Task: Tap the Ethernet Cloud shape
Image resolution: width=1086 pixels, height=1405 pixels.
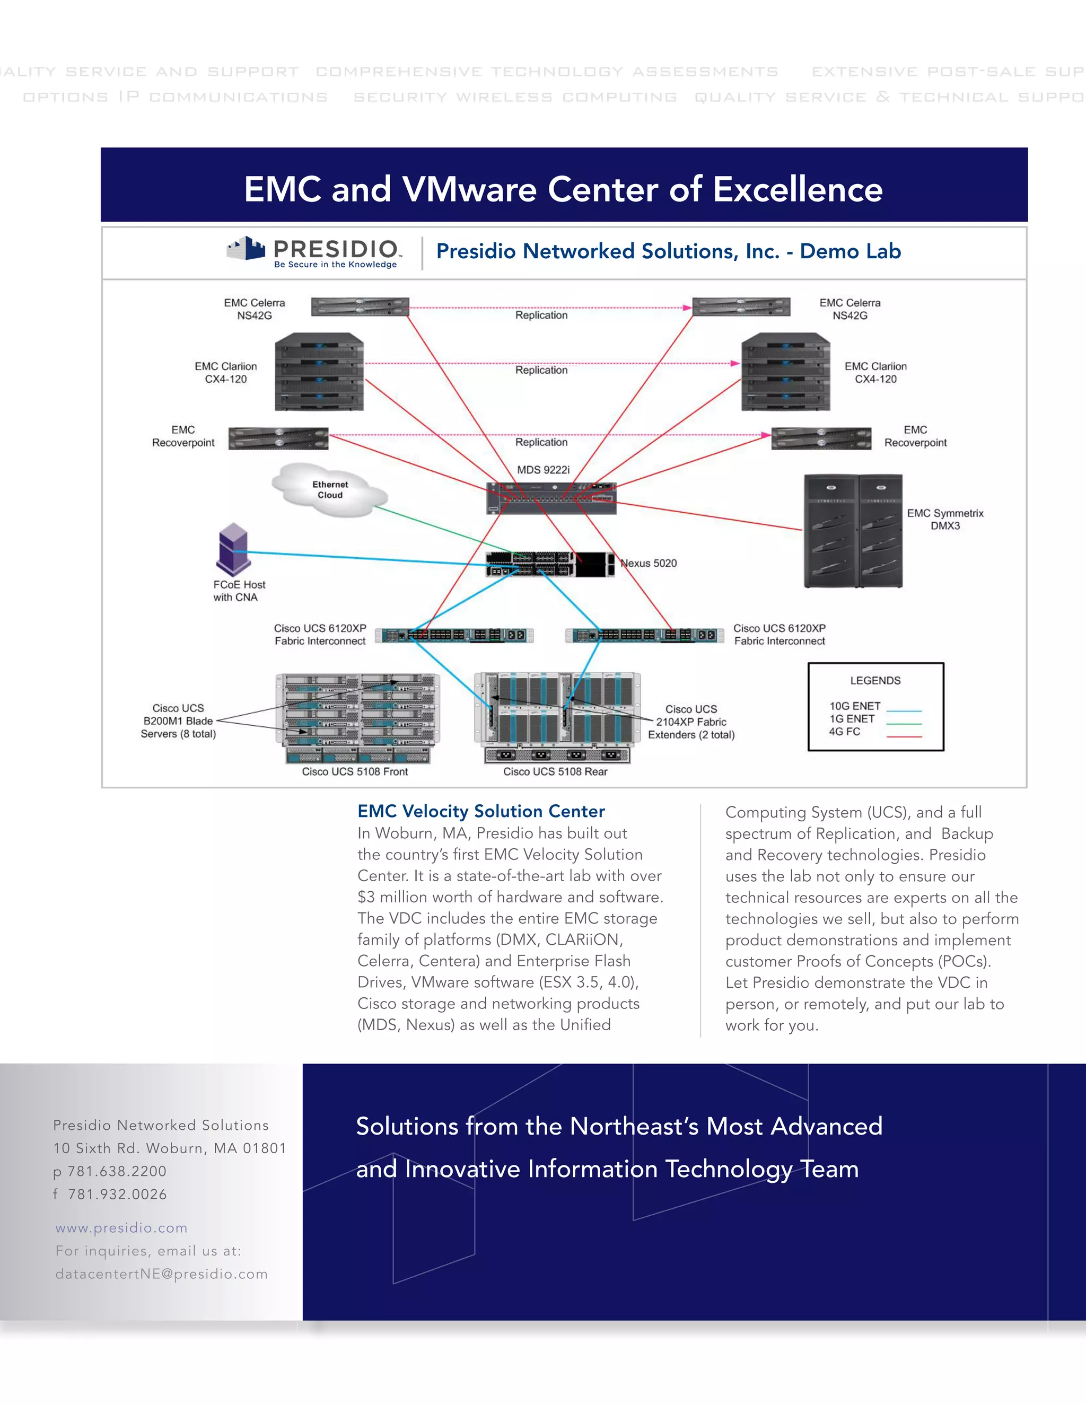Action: tap(329, 490)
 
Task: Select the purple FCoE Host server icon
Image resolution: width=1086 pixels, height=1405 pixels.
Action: tap(232, 549)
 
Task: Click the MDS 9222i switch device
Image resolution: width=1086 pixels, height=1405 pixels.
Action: tap(551, 498)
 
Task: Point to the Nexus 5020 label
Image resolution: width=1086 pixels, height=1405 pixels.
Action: tap(648, 564)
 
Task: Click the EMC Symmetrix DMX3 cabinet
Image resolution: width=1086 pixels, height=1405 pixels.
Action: tap(853, 531)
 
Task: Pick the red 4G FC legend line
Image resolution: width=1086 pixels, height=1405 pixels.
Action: tap(904, 736)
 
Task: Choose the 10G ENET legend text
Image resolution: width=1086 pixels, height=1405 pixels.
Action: tap(854, 706)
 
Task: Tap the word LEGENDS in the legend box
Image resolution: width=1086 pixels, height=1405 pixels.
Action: tap(875, 681)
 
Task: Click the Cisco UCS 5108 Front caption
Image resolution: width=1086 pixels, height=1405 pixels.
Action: tap(355, 771)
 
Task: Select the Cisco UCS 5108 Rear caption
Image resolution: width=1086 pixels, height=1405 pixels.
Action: tap(555, 771)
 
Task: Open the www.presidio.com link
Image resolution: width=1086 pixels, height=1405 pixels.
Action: tap(121, 1227)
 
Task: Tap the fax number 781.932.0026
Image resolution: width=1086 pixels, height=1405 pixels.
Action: tap(117, 1194)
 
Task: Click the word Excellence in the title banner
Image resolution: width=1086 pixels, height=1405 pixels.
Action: tap(798, 189)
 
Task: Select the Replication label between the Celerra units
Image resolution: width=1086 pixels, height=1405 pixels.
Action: tap(541, 315)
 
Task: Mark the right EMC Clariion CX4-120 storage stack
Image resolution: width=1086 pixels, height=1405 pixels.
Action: tap(785, 372)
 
